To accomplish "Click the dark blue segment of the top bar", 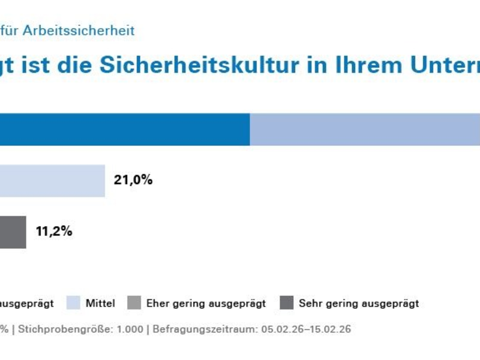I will (x=125, y=129).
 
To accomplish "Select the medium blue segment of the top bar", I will (x=365, y=129).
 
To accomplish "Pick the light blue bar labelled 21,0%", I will (x=52, y=181).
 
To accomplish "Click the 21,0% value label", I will (x=133, y=179).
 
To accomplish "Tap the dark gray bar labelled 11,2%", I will (x=13, y=232).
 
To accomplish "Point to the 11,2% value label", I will (x=54, y=232).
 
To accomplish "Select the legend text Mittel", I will (x=100, y=304).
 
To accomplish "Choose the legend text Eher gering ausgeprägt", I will (x=206, y=304).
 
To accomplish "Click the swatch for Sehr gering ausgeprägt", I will (x=287, y=303).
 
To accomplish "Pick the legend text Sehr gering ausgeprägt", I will (x=359, y=304).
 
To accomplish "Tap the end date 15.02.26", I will (x=331, y=329).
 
